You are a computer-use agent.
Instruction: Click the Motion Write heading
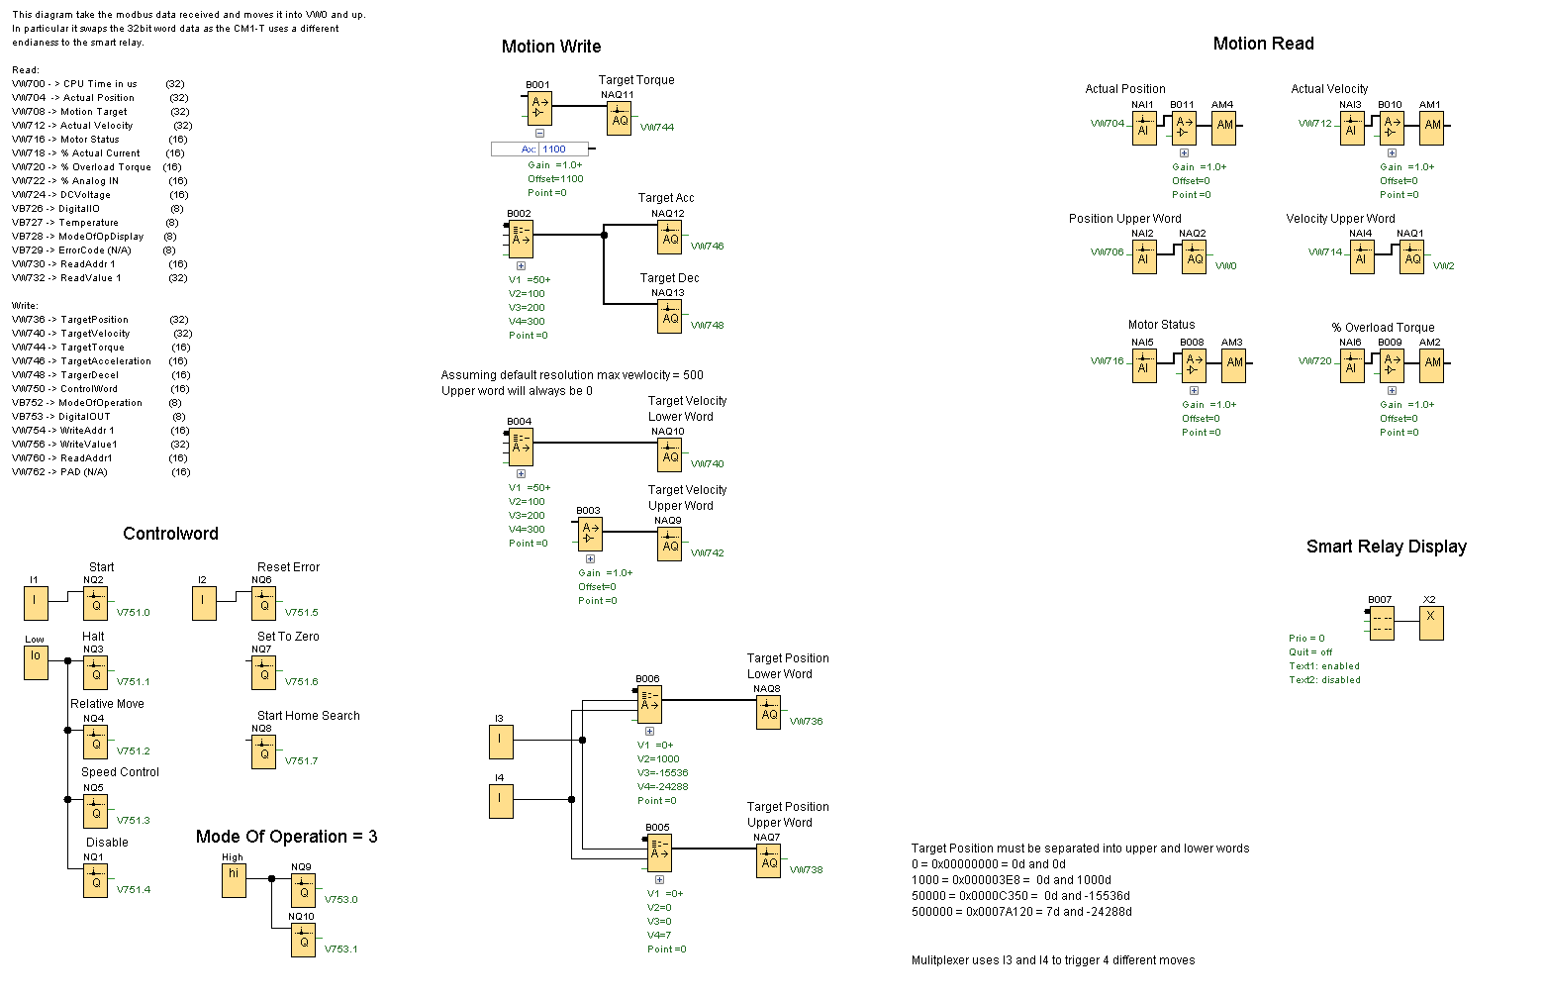pyautogui.click(x=550, y=47)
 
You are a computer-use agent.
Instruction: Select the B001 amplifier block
pyautogui.click(x=539, y=108)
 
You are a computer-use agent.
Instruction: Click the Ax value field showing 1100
pyautogui.click(x=564, y=150)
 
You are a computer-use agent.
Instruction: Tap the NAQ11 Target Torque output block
pyautogui.click(x=620, y=119)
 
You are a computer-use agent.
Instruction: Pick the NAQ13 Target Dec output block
pyautogui.click(x=670, y=316)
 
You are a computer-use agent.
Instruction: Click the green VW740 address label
pyautogui.click(x=707, y=463)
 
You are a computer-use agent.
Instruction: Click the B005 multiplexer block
pyautogui.click(x=659, y=851)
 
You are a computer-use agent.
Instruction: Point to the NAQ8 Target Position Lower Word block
pyautogui.click(x=769, y=712)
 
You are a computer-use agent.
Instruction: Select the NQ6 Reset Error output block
pyautogui.click(x=263, y=603)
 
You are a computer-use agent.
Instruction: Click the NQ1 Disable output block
pyautogui.click(x=95, y=880)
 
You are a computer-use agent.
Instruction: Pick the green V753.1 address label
pyautogui.click(x=340, y=949)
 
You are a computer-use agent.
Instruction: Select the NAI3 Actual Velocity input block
pyautogui.click(x=1352, y=128)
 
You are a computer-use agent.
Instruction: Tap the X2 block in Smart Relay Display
pyautogui.click(x=1430, y=623)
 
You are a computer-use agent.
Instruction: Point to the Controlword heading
pyautogui.click(x=170, y=534)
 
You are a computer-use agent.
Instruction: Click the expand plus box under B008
pyautogui.click(x=1194, y=390)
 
